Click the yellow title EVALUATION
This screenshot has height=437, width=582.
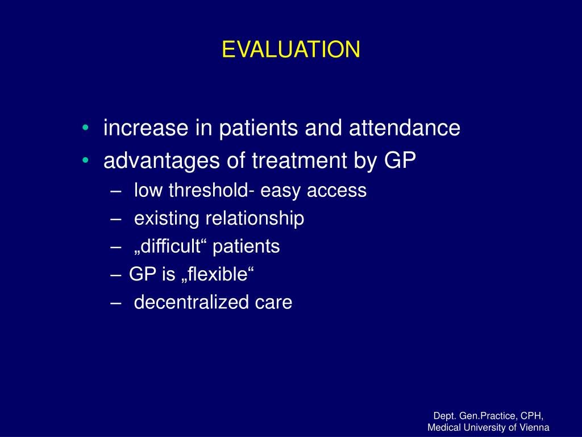pyautogui.click(x=291, y=49)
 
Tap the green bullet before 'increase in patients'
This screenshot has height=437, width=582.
pyautogui.click(x=86, y=127)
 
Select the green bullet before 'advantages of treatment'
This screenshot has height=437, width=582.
pyautogui.click(x=86, y=160)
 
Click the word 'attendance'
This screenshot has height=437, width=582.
pyautogui.click(x=405, y=127)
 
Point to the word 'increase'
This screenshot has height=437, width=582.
pyautogui.click(x=146, y=127)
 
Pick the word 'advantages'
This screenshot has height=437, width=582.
pyautogui.click(x=161, y=161)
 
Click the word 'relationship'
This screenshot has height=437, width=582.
pyautogui.click(x=255, y=218)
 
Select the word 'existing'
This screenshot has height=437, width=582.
pyautogui.click(x=167, y=218)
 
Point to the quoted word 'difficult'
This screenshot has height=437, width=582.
pyautogui.click(x=171, y=246)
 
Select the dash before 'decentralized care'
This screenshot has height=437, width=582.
pyautogui.click(x=116, y=303)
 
